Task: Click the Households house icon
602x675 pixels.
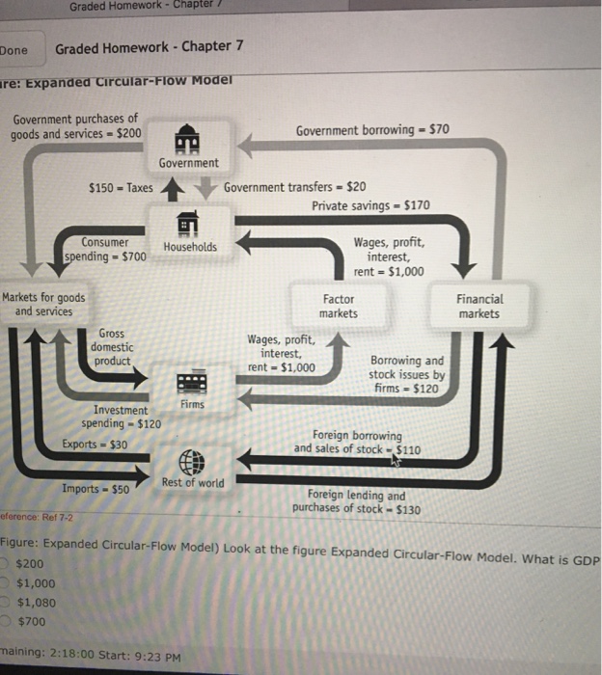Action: (189, 221)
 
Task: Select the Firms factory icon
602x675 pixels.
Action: (191, 382)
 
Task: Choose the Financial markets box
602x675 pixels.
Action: (479, 306)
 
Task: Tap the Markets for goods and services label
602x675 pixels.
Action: (44, 305)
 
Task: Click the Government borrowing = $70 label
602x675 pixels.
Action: (372, 130)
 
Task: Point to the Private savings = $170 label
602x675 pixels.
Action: (370, 205)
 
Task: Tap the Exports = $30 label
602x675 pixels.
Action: (95, 445)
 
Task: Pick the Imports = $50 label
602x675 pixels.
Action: (96, 489)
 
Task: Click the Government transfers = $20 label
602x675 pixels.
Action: (294, 187)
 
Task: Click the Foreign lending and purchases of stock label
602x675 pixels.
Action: (356, 502)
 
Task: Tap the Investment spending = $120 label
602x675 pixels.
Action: (122, 417)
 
